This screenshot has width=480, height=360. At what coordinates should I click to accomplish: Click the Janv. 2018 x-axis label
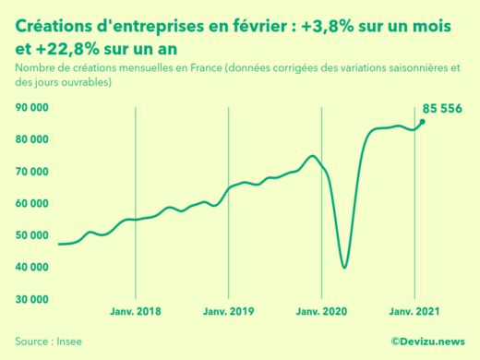click(136, 312)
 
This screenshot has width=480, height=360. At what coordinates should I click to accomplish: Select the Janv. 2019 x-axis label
click(228, 312)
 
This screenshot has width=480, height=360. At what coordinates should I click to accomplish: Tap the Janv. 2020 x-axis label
click(320, 312)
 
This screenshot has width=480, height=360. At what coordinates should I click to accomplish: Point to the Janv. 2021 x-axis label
click(414, 312)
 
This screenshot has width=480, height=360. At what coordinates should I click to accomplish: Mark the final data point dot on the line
click(423, 122)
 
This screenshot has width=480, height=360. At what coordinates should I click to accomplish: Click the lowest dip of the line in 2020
click(344, 268)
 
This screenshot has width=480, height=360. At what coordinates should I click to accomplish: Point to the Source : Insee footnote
click(48, 341)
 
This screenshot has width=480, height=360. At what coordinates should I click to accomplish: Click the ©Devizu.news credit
click(428, 341)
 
